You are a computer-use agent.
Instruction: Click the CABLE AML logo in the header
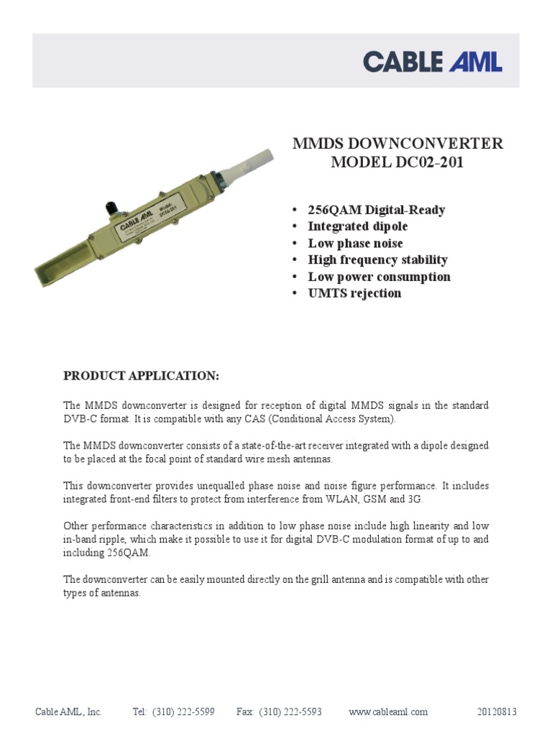coord(432,61)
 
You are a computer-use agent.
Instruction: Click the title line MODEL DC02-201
coord(397,162)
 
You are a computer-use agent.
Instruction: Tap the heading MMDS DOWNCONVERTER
coord(397,143)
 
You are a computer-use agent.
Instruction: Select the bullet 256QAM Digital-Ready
coord(376,210)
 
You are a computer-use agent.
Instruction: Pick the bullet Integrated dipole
coord(357,226)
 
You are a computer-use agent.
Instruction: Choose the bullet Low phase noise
coord(355,243)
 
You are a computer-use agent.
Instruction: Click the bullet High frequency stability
coord(377,259)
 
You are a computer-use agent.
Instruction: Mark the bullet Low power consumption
coord(379,277)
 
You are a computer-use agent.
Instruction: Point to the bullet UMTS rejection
coord(354,293)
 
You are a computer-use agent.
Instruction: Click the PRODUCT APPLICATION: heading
coord(141,376)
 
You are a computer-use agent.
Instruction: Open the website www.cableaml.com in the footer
coord(387,712)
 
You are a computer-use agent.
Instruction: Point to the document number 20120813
coord(497,712)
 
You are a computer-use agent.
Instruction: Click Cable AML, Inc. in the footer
coord(69,712)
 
